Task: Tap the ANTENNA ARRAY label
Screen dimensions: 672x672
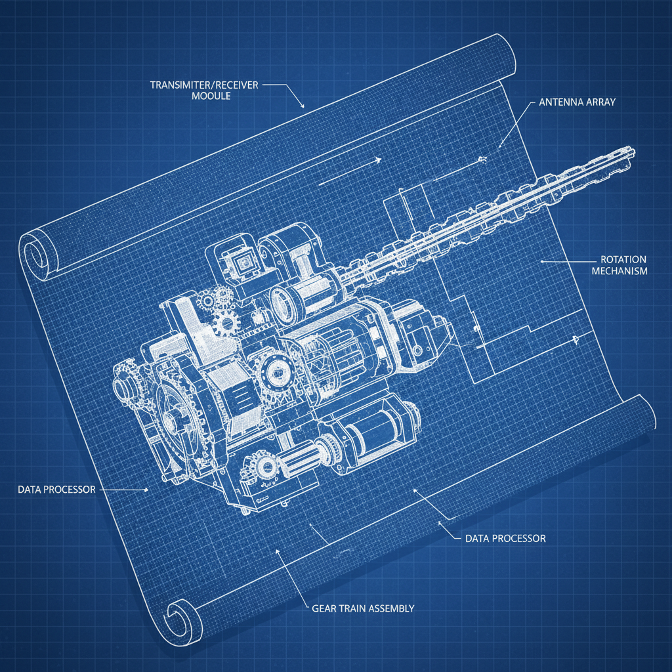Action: pos(577,102)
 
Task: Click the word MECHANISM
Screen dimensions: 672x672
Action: pos(619,271)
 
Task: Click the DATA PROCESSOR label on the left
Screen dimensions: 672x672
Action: pos(57,490)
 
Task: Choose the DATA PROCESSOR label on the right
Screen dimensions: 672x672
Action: pos(505,538)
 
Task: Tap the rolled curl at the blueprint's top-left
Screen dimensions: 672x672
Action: pos(35,254)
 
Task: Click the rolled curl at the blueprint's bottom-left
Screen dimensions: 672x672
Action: pos(178,612)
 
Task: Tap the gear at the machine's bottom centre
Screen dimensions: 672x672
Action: pos(266,467)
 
